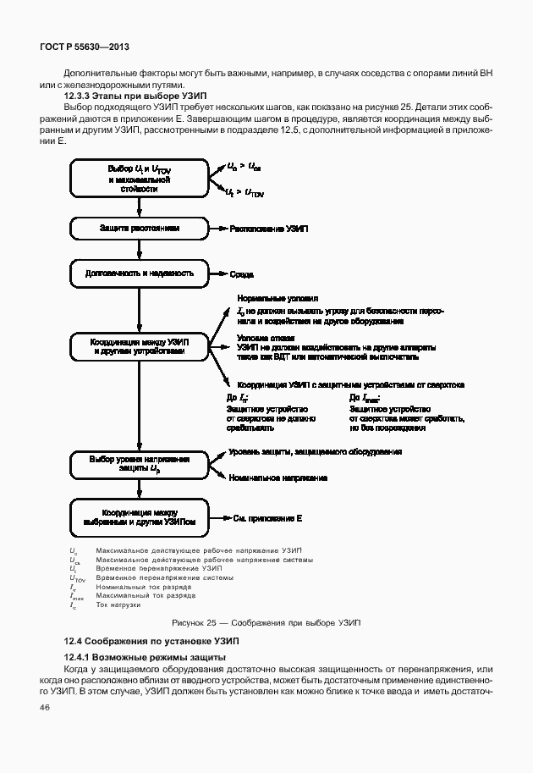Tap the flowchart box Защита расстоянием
139,229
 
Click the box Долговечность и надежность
139,273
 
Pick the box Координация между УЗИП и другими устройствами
139,345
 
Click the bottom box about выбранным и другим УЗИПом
139,517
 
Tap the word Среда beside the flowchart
242,274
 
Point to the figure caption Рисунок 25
266,622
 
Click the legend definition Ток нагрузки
118,605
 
